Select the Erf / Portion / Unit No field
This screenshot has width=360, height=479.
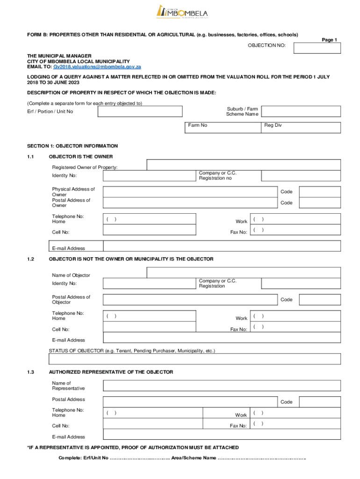[140, 111]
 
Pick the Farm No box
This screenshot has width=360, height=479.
[223, 128]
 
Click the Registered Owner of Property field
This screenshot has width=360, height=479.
[243, 165]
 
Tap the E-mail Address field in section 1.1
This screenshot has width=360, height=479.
[222, 247]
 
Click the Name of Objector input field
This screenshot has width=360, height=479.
[243, 272]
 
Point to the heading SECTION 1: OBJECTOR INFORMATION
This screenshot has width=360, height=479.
[72, 146]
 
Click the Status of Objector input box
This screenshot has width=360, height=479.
[194, 359]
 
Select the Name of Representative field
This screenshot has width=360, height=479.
[222, 385]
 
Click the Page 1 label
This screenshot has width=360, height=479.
[329, 40]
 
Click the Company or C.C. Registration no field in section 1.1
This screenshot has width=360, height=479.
[301, 176]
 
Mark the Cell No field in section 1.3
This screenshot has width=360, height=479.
[152, 424]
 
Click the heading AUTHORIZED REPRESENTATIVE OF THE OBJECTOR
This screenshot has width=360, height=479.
[111, 372]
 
